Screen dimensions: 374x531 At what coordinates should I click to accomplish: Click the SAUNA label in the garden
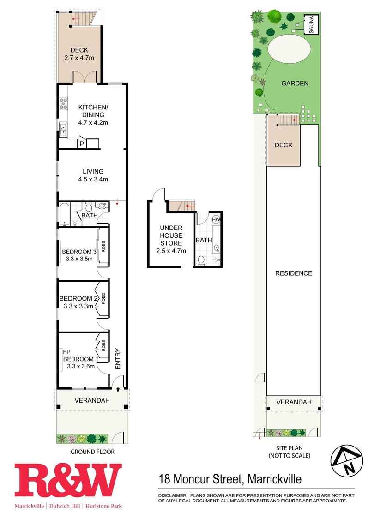[311, 25]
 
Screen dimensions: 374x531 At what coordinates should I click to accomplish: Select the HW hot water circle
[216, 219]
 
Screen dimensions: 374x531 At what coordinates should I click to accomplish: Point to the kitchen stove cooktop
[63, 103]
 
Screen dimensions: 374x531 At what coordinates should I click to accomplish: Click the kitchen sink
[63, 129]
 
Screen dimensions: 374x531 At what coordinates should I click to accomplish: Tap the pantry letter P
[82, 144]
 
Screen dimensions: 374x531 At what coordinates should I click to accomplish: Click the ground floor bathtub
[65, 214]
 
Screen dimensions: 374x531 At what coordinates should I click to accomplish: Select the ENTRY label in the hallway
[118, 359]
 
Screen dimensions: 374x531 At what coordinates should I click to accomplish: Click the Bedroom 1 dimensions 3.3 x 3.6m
[81, 366]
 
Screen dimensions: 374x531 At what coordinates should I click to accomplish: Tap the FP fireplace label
[67, 352]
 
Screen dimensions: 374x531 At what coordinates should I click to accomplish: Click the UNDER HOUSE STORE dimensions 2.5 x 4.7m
[171, 251]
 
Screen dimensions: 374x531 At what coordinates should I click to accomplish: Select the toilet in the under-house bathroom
[201, 260]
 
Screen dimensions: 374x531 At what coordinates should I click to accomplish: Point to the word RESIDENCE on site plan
[294, 273]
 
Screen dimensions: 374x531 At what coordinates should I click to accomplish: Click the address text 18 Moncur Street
[201, 479]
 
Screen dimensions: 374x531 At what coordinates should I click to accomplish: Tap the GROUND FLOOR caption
[92, 452]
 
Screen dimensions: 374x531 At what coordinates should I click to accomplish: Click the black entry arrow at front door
[118, 389]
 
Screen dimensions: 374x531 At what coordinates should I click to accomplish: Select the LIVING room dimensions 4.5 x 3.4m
[93, 180]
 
